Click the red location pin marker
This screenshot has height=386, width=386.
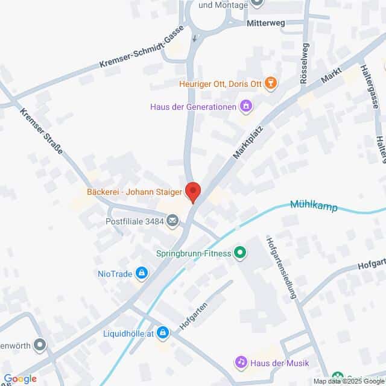coord(193,192)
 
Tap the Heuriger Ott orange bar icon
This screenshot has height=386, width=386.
coord(271,83)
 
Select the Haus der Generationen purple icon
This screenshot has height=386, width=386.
coord(245,107)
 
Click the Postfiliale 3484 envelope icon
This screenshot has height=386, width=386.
coord(173,220)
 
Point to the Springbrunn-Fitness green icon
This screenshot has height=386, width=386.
coord(240,253)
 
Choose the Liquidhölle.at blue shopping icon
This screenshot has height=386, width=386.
coord(163,332)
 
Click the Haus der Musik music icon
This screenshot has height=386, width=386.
coord(241,362)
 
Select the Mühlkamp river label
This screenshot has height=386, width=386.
coord(314,206)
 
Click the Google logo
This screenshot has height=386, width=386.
coord(20,379)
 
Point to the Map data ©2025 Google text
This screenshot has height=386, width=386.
coord(349,381)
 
